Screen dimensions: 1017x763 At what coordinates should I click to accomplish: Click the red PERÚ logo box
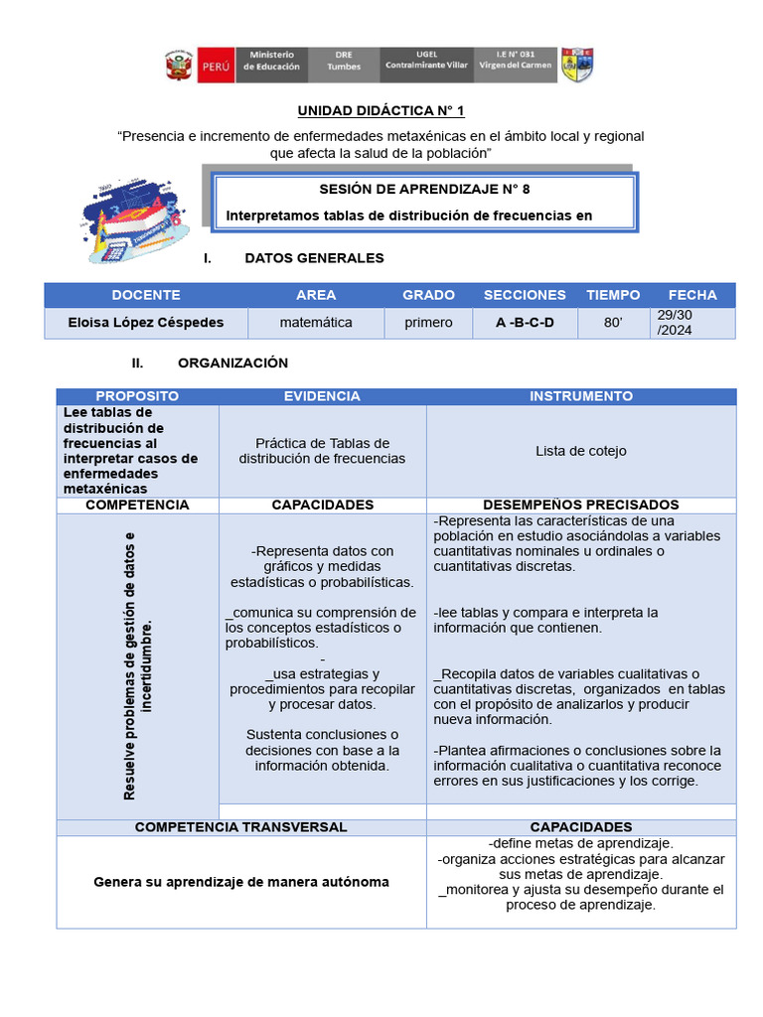pyautogui.click(x=217, y=66)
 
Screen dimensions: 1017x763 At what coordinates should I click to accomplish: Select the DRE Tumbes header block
pyautogui.click(x=343, y=66)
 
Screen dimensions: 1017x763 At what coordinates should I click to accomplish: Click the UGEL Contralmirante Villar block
pyautogui.click(x=426, y=66)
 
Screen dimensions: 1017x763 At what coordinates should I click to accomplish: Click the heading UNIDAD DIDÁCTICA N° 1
pyautogui.click(x=381, y=111)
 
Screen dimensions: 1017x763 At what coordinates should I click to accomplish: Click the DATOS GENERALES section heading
pyautogui.click(x=314, y=258)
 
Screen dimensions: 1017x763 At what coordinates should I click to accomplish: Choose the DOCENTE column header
pyautogui.click(x=146, y=295)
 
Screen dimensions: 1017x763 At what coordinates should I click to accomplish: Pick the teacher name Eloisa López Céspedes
pyautogui.click(x=146, y=323)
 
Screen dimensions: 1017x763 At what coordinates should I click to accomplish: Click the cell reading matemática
pyautogui.click(x=316, y=323)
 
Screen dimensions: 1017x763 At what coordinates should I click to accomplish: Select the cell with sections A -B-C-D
pyautogui.click(x=525, y=323)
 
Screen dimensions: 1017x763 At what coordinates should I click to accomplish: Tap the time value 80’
pyautogui.click(x=613, y=323)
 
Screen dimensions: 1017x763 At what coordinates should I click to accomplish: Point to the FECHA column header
pyautogui.click(x=692, y=295)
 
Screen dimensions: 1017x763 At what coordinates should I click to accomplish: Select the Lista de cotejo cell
pyautogui.click(x=581, y=451)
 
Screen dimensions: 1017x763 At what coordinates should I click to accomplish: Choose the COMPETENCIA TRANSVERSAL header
pyautogui.click(x=241, y=826)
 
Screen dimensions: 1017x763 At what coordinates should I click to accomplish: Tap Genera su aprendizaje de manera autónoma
pyautogui.click(x=241, y=882)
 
